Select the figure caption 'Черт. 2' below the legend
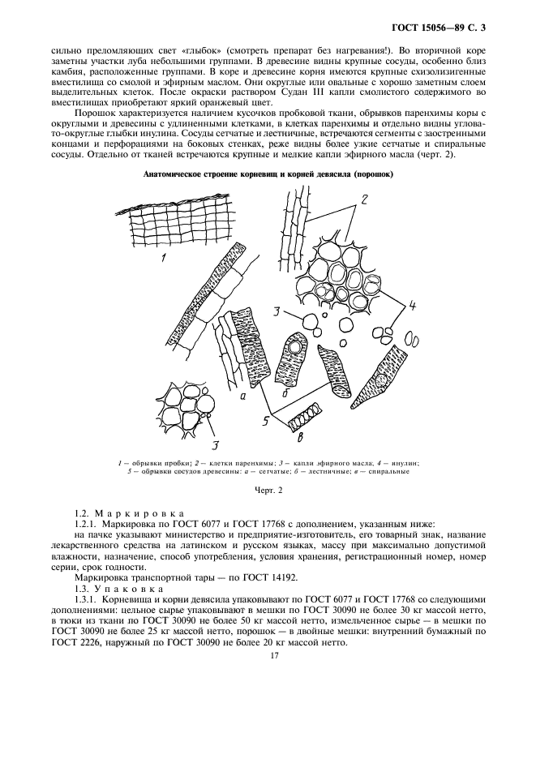pos(267,491)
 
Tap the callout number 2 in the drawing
pos(365,199)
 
